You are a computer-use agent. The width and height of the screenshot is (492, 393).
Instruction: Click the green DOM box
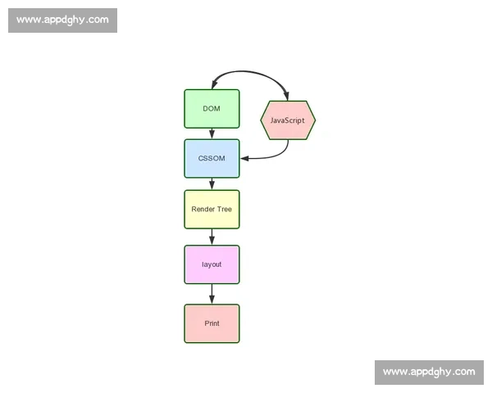click(212, 109)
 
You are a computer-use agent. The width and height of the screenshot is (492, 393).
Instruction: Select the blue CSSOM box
click(212, 159)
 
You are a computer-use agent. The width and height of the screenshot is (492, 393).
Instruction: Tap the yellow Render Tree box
click(212, 210)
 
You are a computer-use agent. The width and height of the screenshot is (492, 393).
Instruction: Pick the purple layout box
click(212, 264)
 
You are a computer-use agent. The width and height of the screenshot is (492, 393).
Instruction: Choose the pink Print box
click(212, 323)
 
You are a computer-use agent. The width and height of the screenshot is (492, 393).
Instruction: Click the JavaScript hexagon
click(288, 120)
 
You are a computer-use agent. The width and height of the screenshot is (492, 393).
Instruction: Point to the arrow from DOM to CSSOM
click(212, 133)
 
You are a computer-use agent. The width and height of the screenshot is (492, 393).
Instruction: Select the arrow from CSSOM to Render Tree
click(212, 184)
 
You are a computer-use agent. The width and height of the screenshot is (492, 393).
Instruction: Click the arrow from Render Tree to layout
click(212, 237)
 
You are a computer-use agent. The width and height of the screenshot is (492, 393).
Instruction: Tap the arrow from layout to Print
click(212, 294)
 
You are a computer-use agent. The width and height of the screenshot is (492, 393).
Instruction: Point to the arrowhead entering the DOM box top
click(214, 84)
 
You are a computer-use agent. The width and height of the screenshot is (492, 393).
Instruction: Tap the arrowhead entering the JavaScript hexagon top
click(286, 96)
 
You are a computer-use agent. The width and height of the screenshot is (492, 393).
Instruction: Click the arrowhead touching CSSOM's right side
click(244, 159)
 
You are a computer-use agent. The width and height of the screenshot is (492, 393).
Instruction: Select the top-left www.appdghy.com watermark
click(63, 20)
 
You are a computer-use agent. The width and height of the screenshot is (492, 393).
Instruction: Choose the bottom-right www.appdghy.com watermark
click(429, 373)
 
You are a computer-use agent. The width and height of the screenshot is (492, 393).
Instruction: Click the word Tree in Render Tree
click(224, 209)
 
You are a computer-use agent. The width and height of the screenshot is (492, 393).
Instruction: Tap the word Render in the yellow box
click(203, 209)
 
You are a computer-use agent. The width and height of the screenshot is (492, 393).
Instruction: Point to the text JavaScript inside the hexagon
click(288, 120)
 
